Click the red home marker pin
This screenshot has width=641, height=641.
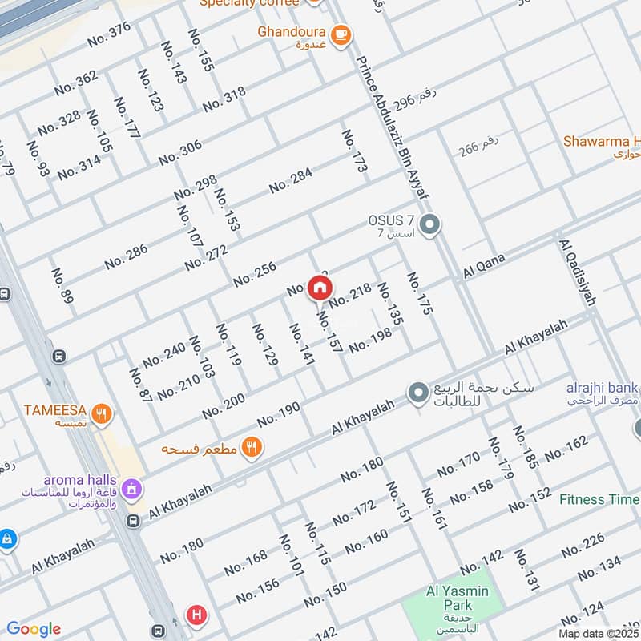tap(320, 288)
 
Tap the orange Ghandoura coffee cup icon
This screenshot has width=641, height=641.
tap(341, 34)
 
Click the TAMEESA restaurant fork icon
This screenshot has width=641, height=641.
tap(101, 414)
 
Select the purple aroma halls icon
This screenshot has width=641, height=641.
tap(133, 487)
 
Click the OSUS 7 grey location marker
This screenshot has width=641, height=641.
tap(430, 224)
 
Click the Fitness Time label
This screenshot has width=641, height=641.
tap(599, 499)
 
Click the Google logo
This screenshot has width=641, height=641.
tap(34, 629)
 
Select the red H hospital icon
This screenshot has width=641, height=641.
tap(196, 615)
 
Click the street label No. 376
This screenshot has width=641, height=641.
tap(108, 34)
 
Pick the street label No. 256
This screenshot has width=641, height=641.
tap(255, 275)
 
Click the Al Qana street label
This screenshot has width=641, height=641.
tap(484, 267)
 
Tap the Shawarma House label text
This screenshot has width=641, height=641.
tap(601, 141)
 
